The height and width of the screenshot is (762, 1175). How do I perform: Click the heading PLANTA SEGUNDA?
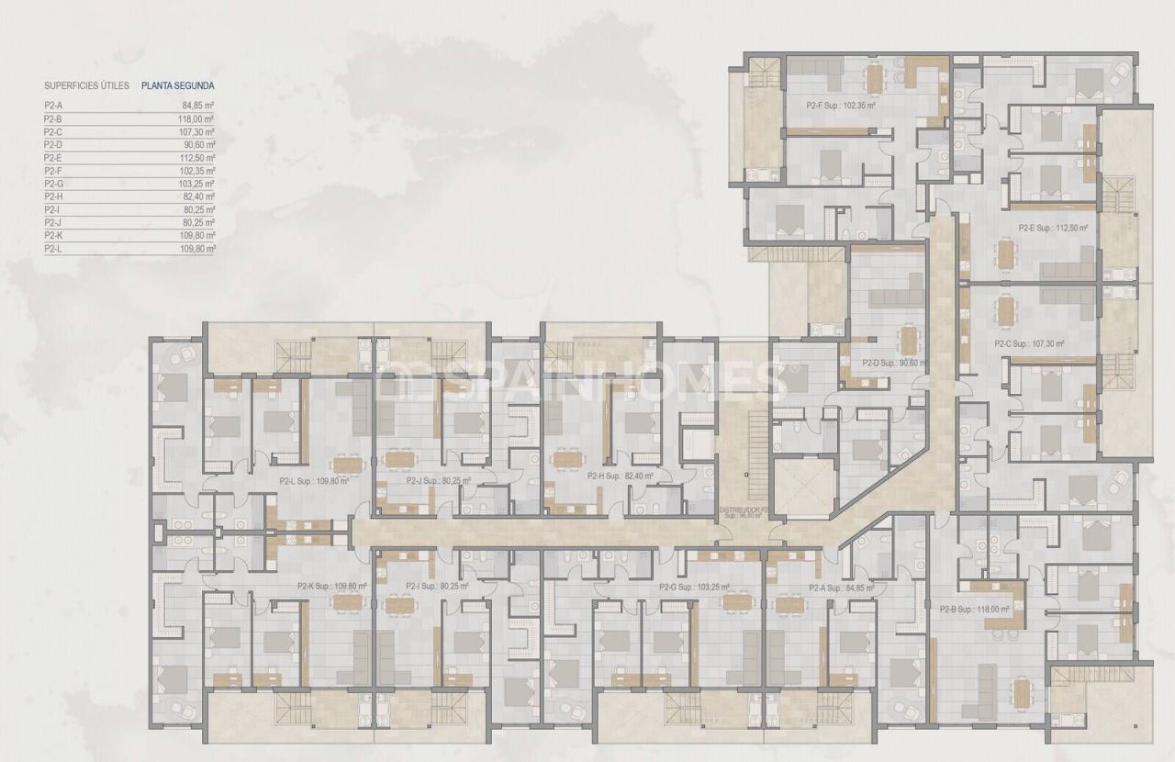point(178,85)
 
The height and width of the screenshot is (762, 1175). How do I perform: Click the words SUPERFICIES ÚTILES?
point(86,85)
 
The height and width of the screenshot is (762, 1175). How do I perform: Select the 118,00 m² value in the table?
point(197,118)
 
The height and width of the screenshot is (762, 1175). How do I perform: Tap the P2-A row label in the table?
point(53,106)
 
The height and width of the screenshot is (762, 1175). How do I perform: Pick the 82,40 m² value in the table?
point(198,196)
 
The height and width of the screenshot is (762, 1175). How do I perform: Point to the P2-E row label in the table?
point(53,158)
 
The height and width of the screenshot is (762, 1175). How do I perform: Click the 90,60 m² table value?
point(198,145)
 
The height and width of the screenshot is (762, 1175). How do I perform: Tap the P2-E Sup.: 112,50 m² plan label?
point(1053,228)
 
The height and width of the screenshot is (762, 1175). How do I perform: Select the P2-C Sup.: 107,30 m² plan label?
point(1029,344)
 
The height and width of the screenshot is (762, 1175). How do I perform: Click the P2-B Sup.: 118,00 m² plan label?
point(974,608)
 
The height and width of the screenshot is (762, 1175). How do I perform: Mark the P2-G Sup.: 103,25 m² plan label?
point(694,587)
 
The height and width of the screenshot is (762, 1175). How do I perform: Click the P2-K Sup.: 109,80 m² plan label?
point(331,586)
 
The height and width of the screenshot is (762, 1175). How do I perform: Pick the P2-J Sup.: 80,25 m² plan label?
point(438,479)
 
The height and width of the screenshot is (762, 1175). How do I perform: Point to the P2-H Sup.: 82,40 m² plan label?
point(621,476)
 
